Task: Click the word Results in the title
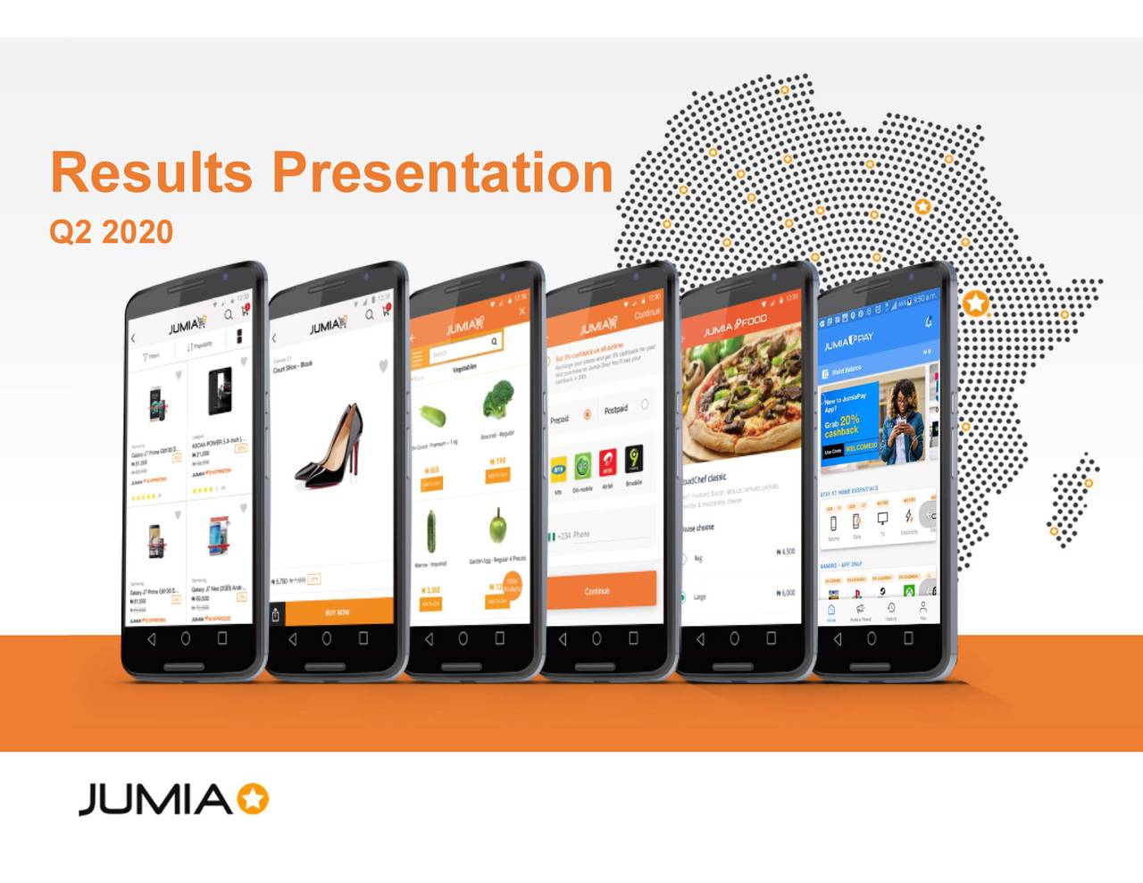click(151, 172)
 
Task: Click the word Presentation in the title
click(442, 172)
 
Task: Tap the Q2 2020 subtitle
click(111, 232)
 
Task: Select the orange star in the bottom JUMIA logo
click(253, 799)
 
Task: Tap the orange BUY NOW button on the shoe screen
click(338, 612)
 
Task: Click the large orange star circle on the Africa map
click(976, 304)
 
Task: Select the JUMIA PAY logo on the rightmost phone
click(848, 341)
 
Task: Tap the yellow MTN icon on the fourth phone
click(559, 466)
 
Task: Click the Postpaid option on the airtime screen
click(616, 410)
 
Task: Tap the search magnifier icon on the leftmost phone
click(229, 314)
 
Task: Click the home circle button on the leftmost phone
click(185, 638)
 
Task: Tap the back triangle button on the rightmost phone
click(838, 639)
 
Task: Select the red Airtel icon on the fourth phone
click(607, 462)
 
